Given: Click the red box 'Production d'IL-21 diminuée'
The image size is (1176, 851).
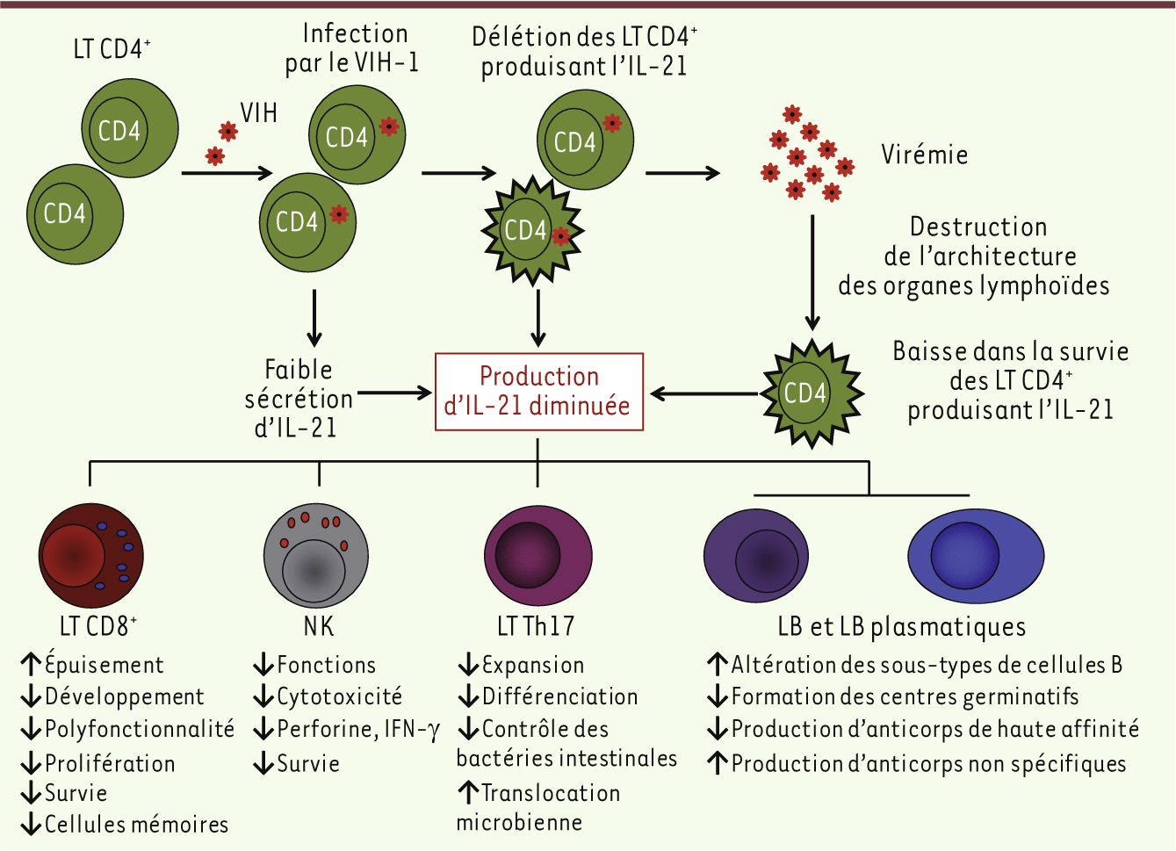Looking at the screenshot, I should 539,392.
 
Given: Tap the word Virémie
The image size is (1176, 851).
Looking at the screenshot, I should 925,155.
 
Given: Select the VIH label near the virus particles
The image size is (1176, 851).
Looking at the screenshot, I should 258,113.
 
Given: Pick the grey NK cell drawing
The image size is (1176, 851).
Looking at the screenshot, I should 316,557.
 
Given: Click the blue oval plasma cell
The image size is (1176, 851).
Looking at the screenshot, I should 975,556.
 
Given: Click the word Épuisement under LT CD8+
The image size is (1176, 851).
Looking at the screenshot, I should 104,665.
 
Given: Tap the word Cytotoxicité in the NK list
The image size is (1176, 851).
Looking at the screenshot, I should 339,697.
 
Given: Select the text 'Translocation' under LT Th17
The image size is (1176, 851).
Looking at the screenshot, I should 551,793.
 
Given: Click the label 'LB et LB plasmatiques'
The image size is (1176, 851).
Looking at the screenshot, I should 901,627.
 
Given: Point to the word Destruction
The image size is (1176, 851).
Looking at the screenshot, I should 978,227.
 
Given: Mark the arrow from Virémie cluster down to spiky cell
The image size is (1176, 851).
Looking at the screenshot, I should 812,272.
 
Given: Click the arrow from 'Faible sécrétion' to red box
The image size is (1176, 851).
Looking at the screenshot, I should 394,393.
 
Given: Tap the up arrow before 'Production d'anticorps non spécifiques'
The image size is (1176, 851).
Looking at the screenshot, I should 718,762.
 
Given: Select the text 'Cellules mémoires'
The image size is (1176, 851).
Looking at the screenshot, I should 136,825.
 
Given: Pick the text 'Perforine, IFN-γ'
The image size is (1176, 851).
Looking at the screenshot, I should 358,730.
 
